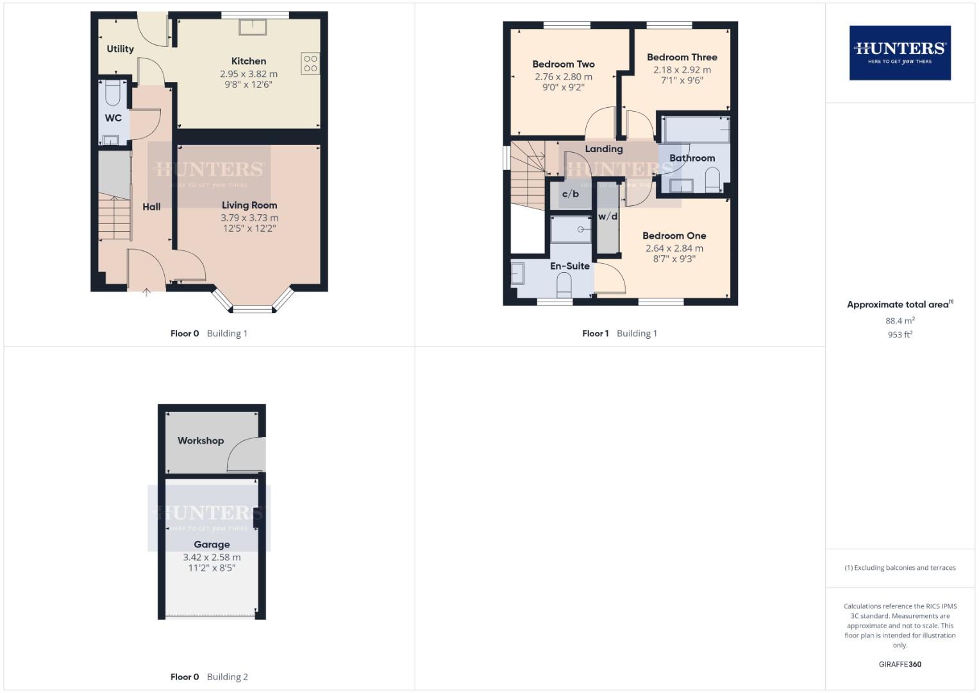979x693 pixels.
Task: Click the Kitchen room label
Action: tap(249, 61)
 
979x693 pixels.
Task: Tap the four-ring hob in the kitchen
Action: tap(310, 63)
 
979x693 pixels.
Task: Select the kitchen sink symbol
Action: tap(253, 26)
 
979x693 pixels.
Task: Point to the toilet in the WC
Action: tap(113, 92)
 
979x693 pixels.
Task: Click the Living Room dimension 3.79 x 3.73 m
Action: tap(249, 218)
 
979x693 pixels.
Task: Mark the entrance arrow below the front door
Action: tap(146, 293)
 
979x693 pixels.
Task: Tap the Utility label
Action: tap(120, 49)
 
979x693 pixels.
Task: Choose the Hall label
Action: tap(151, 207)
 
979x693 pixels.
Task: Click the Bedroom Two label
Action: tap(564, 64)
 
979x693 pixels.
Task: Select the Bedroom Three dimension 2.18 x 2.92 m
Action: tap(682, 69)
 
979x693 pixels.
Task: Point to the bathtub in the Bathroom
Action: tap(696, 129)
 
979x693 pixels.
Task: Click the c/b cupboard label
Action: tap(571, 194)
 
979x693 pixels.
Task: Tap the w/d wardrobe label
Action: tap(608, 216)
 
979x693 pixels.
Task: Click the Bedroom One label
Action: tap(674, 235)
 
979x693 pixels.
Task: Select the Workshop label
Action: tap(201, 441)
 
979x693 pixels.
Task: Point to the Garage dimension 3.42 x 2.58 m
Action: tap(212, 557)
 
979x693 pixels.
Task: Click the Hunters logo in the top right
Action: tap(900, 53)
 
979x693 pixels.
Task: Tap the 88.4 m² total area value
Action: tap(900, 321)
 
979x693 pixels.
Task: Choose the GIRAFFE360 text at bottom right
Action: tap(900, 664)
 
